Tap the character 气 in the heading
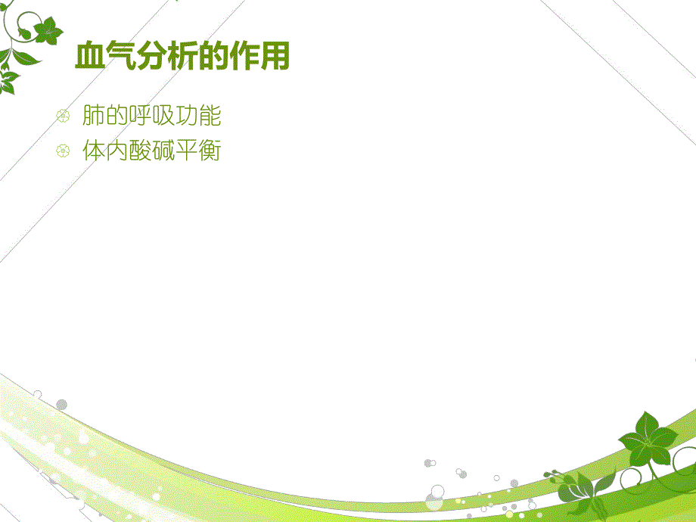[120, 57]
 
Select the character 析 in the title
[182, 57]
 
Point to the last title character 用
[275, 57]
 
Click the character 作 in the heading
[244, 57]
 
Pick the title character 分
[151, 57]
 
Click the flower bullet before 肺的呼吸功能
[64, 117]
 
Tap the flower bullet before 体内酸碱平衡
[64, 151]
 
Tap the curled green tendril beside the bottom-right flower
[555, 475]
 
